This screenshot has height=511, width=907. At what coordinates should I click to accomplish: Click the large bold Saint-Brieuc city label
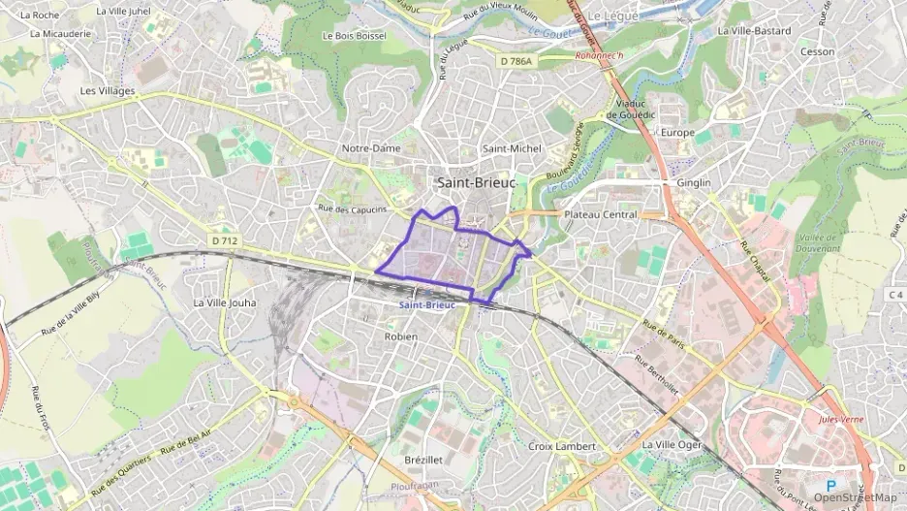(476, 182)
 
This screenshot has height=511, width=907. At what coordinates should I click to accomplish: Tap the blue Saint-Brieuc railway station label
(427, 304)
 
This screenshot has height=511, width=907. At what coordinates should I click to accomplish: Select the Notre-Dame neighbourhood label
(371, 148)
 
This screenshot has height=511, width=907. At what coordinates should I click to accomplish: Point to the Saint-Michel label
(513, 148)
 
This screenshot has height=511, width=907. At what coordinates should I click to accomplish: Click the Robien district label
(400, 336)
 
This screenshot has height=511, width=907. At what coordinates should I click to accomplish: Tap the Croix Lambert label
(563, 446)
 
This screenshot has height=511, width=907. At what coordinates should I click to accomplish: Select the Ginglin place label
(693, 183)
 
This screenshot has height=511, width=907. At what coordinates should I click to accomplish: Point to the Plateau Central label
(600, 214)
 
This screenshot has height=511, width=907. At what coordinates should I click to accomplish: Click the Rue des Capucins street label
(353, 209)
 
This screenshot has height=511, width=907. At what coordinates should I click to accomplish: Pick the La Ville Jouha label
(225, 303)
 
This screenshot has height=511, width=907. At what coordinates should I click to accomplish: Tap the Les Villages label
(108, 91)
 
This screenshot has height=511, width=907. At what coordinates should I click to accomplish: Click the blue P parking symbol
(830, 485)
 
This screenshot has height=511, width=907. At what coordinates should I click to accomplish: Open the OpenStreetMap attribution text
(856, 497)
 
